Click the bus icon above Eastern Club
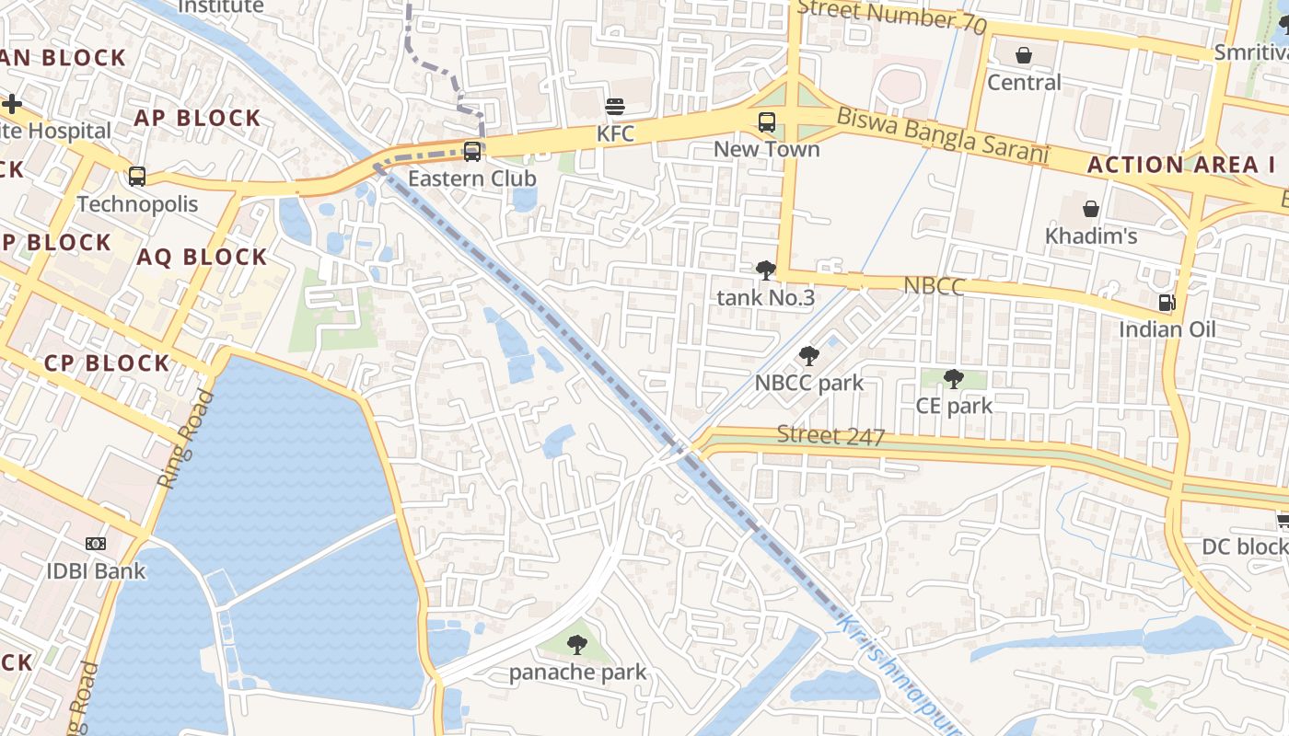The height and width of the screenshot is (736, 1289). tap(472, 151)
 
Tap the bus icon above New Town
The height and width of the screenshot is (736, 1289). tap(766, 121)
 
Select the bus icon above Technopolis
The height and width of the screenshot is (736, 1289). tap(137, 177)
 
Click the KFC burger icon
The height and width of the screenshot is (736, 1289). tap(615, 107)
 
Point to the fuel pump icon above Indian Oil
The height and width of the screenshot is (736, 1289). tap(1167, 303)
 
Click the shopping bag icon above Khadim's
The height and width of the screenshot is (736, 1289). tap(1091, 209)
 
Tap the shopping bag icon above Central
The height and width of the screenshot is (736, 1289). tap(1024, 56)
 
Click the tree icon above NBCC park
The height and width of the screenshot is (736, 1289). tap(808, 356)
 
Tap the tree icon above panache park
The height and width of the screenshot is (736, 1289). tap(577, 645)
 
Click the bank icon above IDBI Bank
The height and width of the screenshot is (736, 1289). tap(96, 544)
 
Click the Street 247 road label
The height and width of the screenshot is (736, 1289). tap(830, 435)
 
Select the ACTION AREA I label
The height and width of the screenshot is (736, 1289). tap(1181, 166)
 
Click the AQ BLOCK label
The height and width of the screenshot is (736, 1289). tap(202, 257)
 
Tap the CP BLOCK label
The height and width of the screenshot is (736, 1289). tap(107, 363)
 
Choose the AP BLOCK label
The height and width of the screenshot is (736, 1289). tap(197, 118)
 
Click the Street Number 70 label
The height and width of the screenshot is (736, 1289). tap(891, 16)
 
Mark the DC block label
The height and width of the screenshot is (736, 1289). tap(1244, 547)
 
